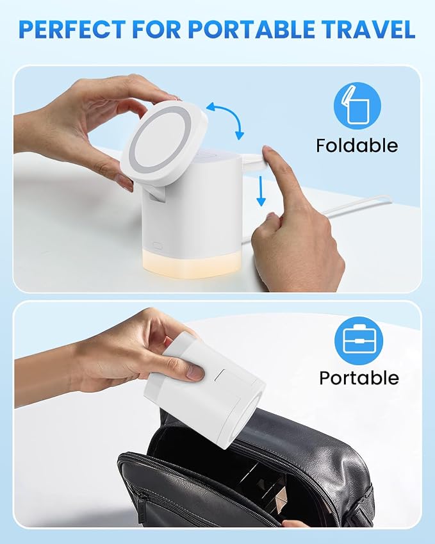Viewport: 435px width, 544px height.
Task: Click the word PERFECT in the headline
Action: pyautogui.click(x=72, y=29)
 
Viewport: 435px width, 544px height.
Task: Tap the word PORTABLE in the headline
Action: pyautogui.click(x=252, y=29)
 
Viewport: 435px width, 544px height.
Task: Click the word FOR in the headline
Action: pyautogui.click(x=157, y=29)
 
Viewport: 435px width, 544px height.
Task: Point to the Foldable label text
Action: pyautogui.click(x=357, y=145)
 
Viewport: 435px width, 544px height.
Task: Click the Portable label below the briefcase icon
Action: pyautogui.click(x=359, y=378)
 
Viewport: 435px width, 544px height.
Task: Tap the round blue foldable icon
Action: pyautogui.click(x=357, y=106)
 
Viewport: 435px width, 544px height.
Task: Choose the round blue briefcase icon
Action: pyautogui.click(x=359, y=340)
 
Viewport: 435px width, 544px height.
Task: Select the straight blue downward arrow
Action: pyautogui.click(x=261, y=191)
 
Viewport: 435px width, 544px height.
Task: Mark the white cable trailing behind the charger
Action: pyautogui.click(x=350, y=208)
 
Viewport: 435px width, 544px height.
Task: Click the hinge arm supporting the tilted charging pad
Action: pyautogui.click(x=157, y=196)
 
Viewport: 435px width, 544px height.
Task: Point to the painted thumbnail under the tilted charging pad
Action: pyautogui.click(x=125, y=182)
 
